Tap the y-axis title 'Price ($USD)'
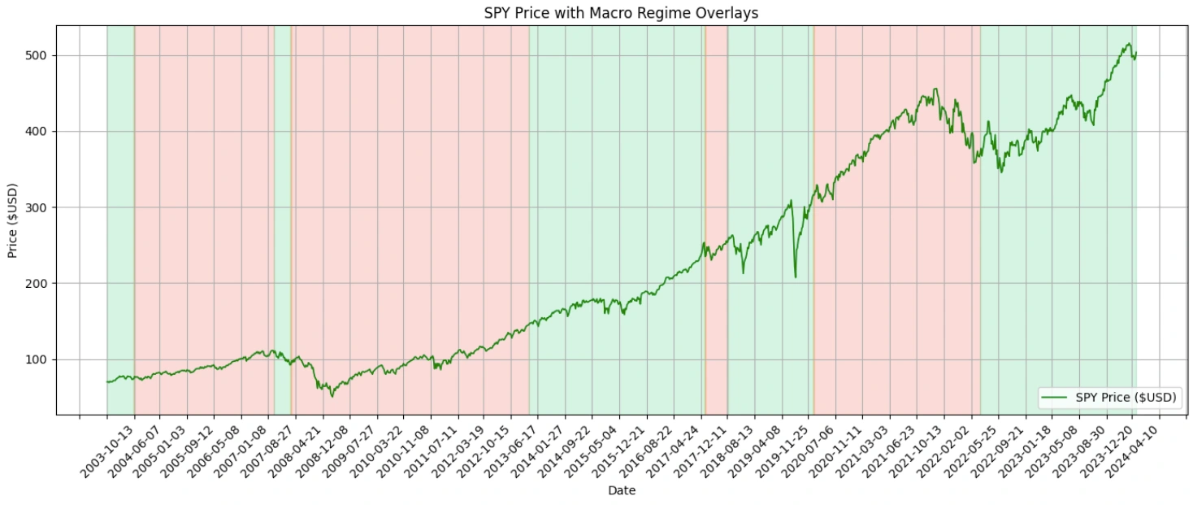coord(13,220)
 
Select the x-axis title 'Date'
coord(621,490)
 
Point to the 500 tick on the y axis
coord(37,55)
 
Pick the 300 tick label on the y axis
coord(37,207)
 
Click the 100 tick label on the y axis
coord(37,359)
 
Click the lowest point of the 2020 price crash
coord(795,277)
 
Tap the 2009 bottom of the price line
coord(332,396)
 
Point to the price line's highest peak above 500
coord(1129,44)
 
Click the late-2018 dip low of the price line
coord(743,272)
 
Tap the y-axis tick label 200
coord(37,283)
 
